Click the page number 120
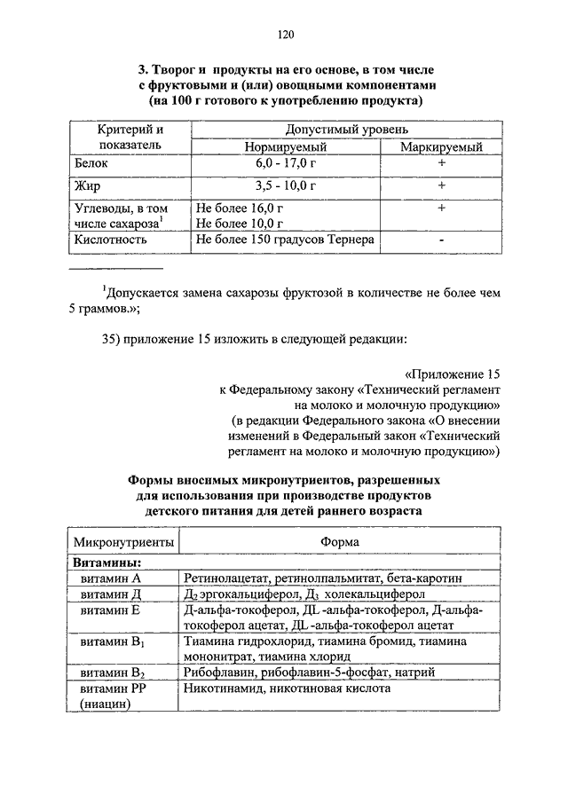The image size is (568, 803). click(x=284, y=35)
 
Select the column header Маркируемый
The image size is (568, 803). click(x=441, y=146)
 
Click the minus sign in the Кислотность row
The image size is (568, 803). click(x=441, y=240)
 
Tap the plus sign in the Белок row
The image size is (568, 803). click(x=441, y=164)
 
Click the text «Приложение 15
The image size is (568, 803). click(x=453, y=372)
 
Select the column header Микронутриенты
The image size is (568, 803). click(x=123, y=540)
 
